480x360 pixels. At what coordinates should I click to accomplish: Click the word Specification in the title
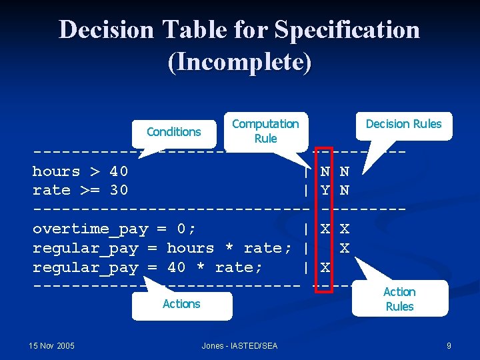tap(347, 30)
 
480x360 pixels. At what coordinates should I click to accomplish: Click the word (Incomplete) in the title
tap(239, 62)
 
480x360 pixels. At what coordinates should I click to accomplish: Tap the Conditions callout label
tap(173, 131)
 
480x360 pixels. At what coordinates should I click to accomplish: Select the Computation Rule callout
tap(265, 131)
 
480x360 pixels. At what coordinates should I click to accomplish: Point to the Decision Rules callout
tap(403, 124)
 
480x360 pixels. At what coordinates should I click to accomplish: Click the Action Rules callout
tap(399, 299)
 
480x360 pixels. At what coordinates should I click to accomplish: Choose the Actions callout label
tap(181, 304)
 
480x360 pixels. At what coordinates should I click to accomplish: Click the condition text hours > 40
tap(81, 171)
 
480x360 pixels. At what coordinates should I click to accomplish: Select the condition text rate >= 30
tap(81, 190)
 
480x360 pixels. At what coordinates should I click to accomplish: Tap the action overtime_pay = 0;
tap(114, 229)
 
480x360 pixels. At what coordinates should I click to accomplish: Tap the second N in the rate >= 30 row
tap(345, 190)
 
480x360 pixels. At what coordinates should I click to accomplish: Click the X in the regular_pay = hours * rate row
tap(345, 248)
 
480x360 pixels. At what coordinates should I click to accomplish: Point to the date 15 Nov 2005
tap(52, 345)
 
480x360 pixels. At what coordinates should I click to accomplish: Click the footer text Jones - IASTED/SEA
tap(239, 345)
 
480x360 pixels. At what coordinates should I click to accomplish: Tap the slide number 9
tap(449, 345)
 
